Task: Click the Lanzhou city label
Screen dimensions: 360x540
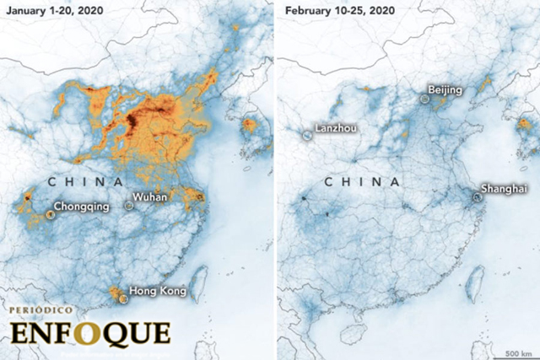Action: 335,130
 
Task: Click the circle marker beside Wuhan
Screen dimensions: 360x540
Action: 128,205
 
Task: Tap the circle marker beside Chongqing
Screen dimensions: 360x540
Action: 51,214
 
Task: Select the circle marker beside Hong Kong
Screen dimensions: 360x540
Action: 124,298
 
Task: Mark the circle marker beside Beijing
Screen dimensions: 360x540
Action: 425,99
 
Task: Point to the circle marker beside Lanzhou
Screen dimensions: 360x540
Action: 306,133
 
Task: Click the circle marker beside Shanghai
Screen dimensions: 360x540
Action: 477,197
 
